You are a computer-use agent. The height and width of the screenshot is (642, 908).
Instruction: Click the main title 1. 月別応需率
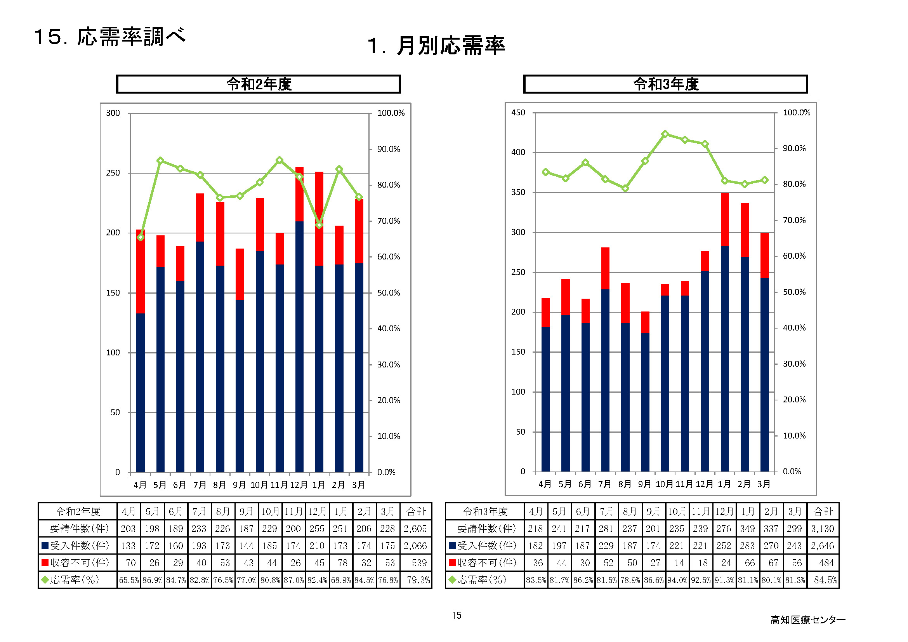(436, 46)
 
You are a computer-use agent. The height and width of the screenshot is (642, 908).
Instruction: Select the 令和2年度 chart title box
(258, 84)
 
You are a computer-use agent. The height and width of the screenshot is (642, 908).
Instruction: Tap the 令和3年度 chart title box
(665, 84)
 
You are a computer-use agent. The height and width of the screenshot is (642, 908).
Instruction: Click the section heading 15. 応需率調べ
(109, 37)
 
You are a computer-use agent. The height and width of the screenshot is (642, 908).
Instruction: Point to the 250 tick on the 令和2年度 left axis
(113, 173)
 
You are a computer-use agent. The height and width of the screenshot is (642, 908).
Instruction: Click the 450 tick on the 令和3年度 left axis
(518, 113)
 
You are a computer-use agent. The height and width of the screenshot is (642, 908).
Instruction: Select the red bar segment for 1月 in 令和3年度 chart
(724, 219)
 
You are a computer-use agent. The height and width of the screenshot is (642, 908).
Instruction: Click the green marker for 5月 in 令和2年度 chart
(160, 161)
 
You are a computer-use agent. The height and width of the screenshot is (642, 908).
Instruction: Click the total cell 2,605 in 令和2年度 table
(415, 529)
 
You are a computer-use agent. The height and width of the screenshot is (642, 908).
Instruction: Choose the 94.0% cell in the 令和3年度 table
(677, 580)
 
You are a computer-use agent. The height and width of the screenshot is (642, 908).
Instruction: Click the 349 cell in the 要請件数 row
(747, 529)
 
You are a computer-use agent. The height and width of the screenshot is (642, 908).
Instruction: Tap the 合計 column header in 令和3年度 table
(823, 512)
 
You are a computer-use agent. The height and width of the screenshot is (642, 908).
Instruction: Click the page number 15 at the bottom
(457, 615)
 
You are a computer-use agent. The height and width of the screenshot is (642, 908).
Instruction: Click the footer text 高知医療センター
(807, 620)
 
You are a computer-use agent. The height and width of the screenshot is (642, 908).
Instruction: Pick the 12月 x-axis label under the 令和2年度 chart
(299, 485)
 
